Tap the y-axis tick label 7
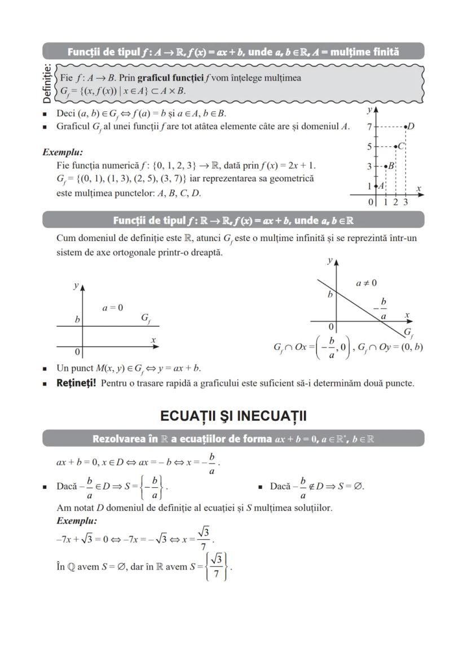[369, 127]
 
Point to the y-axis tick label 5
[369, 147]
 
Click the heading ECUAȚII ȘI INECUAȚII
[233, 416]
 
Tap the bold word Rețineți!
[76, 383]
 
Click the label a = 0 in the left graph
[113, 308]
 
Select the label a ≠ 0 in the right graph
[366, 283]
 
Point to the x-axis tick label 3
[405, 202]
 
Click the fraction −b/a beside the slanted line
[382, 309]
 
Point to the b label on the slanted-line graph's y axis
[331, 295]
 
